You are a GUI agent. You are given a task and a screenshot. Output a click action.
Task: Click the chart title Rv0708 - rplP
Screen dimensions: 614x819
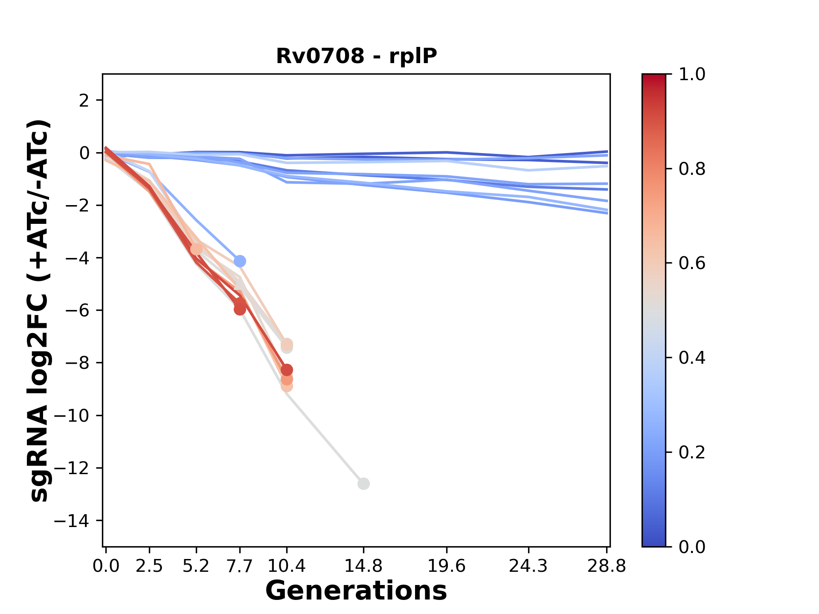pyautogui.click(x=356, y=56)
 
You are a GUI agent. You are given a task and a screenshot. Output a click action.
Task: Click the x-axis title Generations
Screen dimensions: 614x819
pyautogui.click(x=356, y=591)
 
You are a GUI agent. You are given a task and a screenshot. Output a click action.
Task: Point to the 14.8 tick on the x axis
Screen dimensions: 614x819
pyautogui.click(x=363, y=566)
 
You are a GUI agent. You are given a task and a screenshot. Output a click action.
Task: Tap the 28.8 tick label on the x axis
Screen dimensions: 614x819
pyautogui.click(x=607, y=566)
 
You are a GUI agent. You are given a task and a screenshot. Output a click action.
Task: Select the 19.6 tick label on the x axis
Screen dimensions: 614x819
pyautogui.click(x=446, y=566)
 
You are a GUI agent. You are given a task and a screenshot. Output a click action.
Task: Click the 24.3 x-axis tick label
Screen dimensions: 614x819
pyautogui.click(x=528, y=566)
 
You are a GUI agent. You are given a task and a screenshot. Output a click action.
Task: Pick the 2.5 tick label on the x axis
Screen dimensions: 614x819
pyautogui.click(x=149, y=566)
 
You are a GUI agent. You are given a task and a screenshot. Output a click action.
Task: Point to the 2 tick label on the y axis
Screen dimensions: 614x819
pyautogui.click(x=84, y=101)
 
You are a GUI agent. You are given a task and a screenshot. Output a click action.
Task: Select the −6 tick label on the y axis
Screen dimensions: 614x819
pyautogui.click(x=77, y=310)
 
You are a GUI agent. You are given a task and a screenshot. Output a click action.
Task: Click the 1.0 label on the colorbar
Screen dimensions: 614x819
pyautogui.click(x=692, y=75)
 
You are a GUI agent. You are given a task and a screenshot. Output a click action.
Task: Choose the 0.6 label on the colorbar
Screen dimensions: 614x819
pyautogui.click(x=692, y=264)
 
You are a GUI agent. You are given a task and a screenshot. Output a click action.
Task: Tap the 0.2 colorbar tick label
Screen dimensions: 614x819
pyautogui.click(x=692, y=452)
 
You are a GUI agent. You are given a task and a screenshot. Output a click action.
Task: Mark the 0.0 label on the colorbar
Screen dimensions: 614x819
pyautogui.click(x=692, y=547)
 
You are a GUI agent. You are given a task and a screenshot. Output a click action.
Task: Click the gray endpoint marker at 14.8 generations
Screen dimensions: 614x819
pyautogui.click(x=363, y=484)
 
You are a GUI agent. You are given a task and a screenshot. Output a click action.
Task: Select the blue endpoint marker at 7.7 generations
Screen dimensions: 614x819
pyautogui.click(x=240, y=261)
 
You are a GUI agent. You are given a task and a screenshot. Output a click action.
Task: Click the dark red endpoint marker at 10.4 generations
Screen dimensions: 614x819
pyautogui.click(x=287, y=370)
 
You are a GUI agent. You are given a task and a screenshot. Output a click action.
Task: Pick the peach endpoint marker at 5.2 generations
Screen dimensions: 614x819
pyautogui.click(x=196, y=249)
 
